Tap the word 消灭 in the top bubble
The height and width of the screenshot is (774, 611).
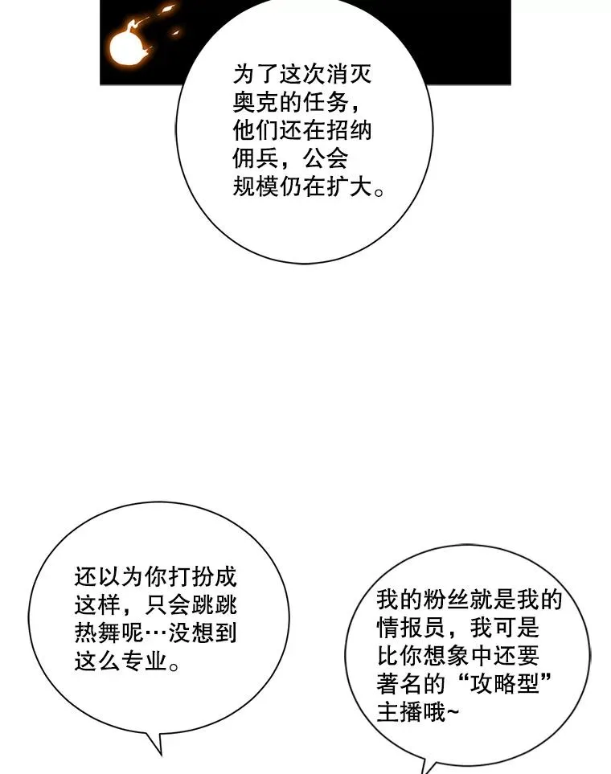click(348, 76)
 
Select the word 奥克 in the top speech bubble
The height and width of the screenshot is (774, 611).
click(256, 103)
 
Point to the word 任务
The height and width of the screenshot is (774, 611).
click(325, 103)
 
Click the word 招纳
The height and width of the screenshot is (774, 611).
click(348, 131)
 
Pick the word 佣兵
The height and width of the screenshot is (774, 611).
click(256, 159)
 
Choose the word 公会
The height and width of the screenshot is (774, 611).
click(325, 159)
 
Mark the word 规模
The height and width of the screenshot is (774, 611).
click(256, 187)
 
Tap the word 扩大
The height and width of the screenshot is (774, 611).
click(348, 187)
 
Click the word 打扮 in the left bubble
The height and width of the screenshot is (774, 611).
click(191, 577)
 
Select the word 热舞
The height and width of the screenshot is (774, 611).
click(98, 633)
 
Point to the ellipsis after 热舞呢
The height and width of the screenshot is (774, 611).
click(156, 633)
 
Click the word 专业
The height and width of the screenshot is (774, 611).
click(144, 661)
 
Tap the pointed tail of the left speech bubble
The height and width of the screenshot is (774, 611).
click(161, 754)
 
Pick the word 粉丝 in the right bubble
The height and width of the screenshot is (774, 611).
click(446, 600)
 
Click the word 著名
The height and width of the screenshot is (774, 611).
click(400, 685)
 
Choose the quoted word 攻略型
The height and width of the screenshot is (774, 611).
click(504, 685)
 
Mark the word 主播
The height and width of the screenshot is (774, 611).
click(400, 713)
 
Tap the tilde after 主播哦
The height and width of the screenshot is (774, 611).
click(453, 713)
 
